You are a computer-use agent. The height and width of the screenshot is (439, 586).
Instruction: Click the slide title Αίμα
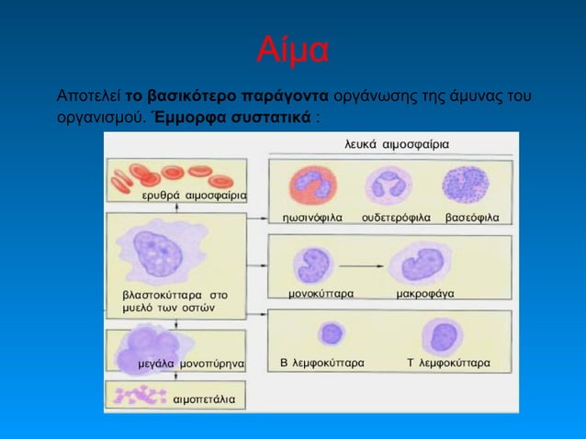[x=292, y=51]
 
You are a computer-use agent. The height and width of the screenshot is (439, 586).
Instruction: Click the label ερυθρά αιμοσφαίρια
[x=193, y=197]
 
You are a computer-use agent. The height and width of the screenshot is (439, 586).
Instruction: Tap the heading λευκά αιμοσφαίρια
[x=398, y=145]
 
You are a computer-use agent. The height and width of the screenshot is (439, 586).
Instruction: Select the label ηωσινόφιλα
[x=312, y=218]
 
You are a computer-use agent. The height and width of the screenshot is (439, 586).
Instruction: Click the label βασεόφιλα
[x=472, y=218]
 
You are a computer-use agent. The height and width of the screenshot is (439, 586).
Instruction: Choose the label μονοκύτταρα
[x=321, y=293]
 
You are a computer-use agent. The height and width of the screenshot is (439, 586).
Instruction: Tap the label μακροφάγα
[x=424, y=293]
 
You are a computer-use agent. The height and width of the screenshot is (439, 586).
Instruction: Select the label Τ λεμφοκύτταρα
[x=448, y=363]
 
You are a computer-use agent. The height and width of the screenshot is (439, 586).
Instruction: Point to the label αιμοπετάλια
[x=204, y=400]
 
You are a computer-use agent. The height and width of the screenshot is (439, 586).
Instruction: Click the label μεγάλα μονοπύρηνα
[x=191, y=364]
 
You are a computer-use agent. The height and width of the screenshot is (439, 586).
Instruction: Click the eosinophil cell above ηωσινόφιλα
[x=314, y=186]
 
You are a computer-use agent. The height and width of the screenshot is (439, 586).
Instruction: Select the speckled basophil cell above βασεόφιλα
[x=467, y=185]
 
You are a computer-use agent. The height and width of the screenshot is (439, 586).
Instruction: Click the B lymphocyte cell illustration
[x=329, y=334]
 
